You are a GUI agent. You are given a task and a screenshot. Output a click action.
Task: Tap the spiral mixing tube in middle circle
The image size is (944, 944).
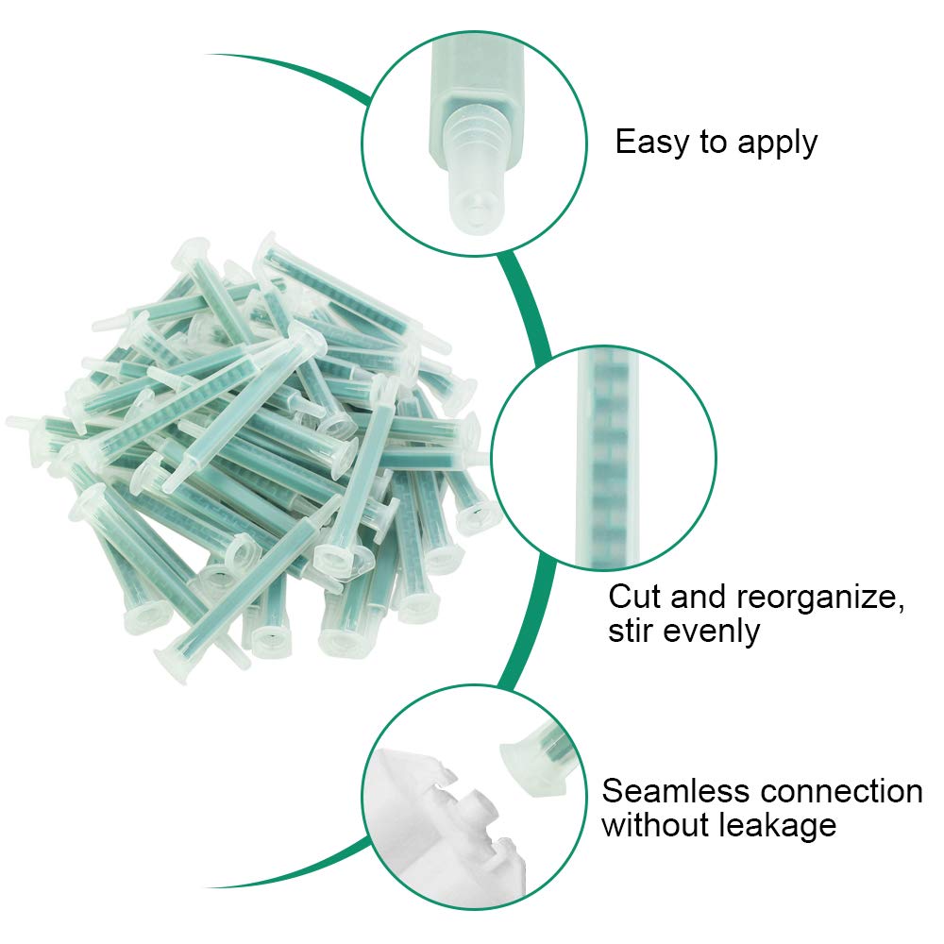tap(606, 458)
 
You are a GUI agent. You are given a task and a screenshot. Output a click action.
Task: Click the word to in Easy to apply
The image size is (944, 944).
tap(714, 143)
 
